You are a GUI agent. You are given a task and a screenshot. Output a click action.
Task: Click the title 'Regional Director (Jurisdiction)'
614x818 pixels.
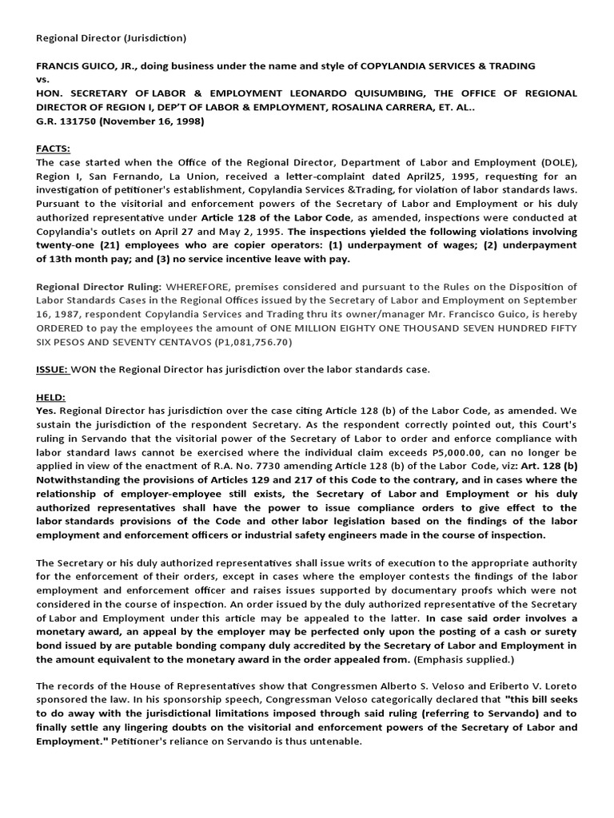111,38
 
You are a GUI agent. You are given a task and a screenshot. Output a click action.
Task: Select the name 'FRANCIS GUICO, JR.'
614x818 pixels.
85,66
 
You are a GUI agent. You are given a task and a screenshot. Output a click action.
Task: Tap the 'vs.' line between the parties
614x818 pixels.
43,79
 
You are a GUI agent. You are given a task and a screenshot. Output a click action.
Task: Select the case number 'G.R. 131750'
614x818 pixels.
66,121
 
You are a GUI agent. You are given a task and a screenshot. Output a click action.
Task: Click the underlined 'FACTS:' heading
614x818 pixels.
53,149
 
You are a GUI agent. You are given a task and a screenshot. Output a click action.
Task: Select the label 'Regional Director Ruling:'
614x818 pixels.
99,287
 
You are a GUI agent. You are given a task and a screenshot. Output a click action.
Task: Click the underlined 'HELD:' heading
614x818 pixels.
50,397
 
